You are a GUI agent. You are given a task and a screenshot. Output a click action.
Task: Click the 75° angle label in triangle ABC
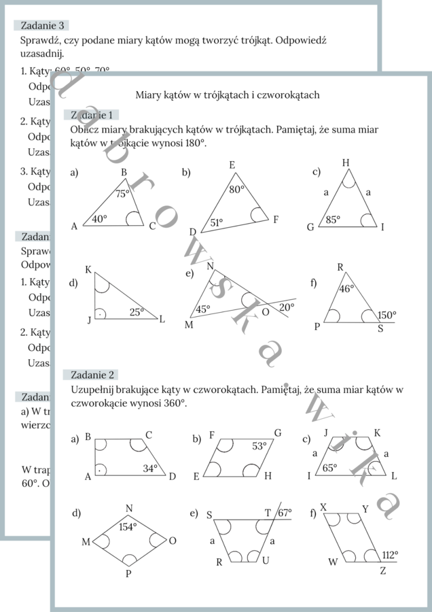[x=122, y=194]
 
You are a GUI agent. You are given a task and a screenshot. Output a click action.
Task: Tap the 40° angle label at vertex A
[x=100, y=219]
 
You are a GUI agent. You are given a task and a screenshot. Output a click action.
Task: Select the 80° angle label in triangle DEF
[x=236, y=190]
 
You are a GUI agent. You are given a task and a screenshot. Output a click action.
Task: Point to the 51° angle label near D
[x=216, y=222]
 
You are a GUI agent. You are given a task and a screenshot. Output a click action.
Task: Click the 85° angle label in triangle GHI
[x=332, y=220]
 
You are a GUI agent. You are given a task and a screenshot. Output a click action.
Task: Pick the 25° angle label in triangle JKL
[x=137, y=312]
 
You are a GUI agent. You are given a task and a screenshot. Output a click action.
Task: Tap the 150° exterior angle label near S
[x=387, y=315]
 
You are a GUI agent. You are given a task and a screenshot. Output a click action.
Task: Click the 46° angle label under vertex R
[x=346, y=288]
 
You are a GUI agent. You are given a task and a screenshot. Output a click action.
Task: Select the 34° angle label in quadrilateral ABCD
[x=150, y=468]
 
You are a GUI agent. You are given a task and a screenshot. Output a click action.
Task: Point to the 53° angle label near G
[x=259, y=446]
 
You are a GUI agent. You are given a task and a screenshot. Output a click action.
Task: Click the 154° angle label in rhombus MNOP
[x=128, y=526]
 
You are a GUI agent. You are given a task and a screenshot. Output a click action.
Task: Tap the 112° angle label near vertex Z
[x=390, y=554]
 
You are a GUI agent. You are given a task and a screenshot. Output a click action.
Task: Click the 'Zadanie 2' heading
[x=91, y=375]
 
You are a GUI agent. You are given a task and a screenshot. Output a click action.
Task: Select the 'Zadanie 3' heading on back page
[x=42, y=25]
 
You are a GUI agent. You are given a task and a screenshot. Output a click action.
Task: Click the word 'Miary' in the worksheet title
[x=148, y=95]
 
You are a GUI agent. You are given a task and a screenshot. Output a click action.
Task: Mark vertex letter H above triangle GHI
[x=346, y=163]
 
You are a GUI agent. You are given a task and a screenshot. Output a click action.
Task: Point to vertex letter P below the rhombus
[x=128, y=574]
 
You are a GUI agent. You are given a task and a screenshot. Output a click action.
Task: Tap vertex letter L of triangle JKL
[x=162, y=319]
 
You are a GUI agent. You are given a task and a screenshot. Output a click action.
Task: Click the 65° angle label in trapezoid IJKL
[x=329, y=468]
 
